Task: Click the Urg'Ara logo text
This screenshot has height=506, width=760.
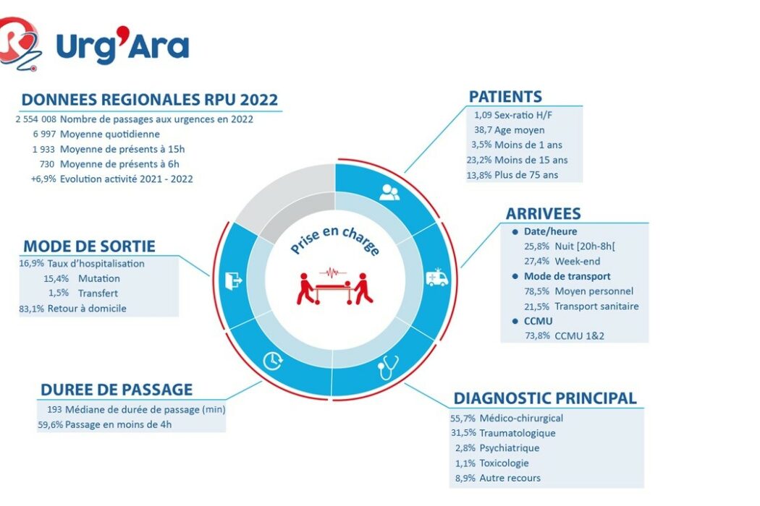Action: tap(122, 46)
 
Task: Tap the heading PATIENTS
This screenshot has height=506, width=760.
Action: tap(505, 96)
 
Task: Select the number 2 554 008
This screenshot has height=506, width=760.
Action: tap(36, 119)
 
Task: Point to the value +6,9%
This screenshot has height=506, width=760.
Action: tap(43, 179)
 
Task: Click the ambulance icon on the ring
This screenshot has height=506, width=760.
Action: tap(436, 278)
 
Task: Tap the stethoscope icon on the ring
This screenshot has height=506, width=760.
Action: tap(388, 367)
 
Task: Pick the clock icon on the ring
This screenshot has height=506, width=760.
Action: tap(273, 361)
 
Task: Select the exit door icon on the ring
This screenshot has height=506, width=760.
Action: tap(233, 280)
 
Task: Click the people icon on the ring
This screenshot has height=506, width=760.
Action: tap(389, 192)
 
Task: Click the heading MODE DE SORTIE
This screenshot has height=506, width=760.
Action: tap(89, 246)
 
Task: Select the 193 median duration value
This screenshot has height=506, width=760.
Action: tap(54, 410)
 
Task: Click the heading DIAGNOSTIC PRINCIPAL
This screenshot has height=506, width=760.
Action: tap(545, 398)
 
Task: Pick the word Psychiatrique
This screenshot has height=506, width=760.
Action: tap(509, 448)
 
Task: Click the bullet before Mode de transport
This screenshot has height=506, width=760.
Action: tap(515, 276)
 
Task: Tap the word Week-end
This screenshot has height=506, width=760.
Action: tap(578, 262)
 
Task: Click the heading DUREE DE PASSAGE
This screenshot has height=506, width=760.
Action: tap(117, 390)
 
